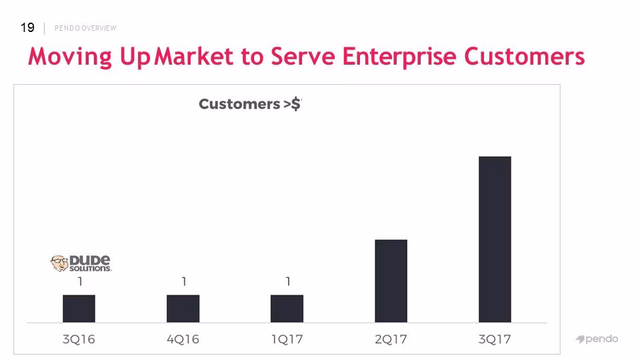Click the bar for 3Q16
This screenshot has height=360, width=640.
click(x=79, y=309)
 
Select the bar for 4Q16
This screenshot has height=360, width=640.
click(x=183, y=309)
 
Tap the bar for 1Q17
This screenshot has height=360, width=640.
click(x=287, y=309)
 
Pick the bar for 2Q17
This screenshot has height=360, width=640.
click(x=391, y=281)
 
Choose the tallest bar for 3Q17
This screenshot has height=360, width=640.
click(x=495, y=239)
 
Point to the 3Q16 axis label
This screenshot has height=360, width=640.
click(x=79, y=339)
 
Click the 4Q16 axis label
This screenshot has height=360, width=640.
click(x=183, y=339)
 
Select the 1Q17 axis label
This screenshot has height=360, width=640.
click(x=287, y=339)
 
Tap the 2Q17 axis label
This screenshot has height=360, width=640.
click(x=391, y=339)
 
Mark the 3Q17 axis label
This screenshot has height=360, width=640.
click(x=495, y=339)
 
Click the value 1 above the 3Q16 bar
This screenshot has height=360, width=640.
click(x=81, y=281)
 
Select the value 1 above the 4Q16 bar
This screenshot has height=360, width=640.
click(x=184, y=281)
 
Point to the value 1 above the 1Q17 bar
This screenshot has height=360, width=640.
click(x=288, y=281)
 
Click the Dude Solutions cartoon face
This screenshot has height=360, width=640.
click(x=59, y=263)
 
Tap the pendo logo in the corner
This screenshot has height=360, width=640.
click(x=597, y=339)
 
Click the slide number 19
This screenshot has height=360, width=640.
click(x=27, y=28)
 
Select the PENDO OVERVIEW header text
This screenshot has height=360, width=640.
click(x=85, y=28)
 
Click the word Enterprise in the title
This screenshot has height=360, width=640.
click(x=399, y=57)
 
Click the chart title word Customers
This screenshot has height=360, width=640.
click(x=239, y=104)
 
